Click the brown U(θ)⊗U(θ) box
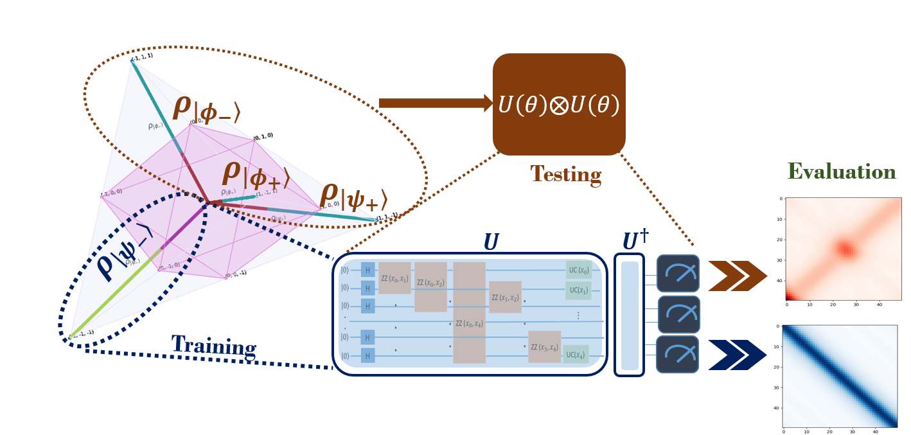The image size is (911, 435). coord(559,104)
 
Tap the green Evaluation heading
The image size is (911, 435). coord(841,172)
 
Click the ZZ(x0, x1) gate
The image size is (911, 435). coord(394,278)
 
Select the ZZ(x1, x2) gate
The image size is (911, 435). coord(505,297)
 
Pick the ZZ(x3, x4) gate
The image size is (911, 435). coord(544,347)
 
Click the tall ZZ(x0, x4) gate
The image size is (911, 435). coord(469,313)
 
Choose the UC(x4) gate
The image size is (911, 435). coord(576,355)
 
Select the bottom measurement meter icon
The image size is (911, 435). coord(677,354)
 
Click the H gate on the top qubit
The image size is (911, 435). coord(367,271)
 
